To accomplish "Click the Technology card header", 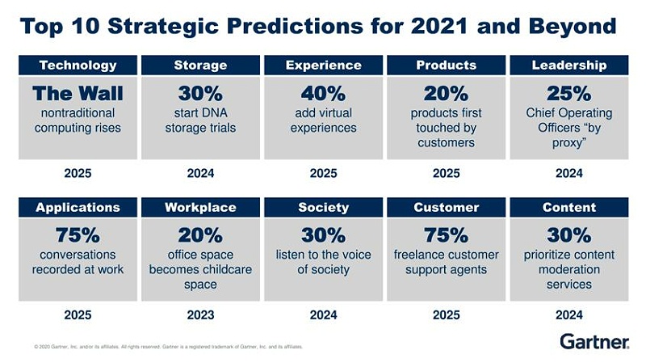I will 78,65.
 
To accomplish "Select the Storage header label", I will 200,65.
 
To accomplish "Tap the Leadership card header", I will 569,65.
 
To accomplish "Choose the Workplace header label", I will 200,208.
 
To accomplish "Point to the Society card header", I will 323,208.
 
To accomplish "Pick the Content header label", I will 569,208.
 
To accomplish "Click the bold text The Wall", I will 78,94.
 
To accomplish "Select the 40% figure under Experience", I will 323,94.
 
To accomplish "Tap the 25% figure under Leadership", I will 569,94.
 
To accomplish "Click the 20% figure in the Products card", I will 446,94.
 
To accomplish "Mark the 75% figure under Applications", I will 78,236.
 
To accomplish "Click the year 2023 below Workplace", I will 200,314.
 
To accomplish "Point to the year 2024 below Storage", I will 200,172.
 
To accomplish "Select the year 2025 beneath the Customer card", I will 446,314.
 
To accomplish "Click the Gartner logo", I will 594,341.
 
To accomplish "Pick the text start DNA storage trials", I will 200,120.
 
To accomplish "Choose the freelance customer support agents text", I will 446,263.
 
